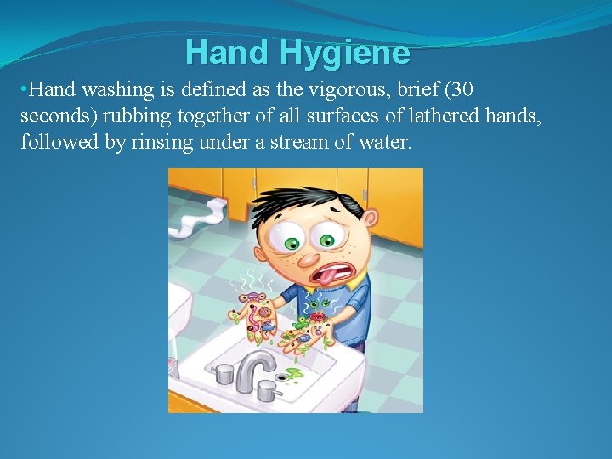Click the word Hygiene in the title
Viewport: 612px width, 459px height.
[345, 53]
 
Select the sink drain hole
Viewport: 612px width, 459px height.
[283, 377]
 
